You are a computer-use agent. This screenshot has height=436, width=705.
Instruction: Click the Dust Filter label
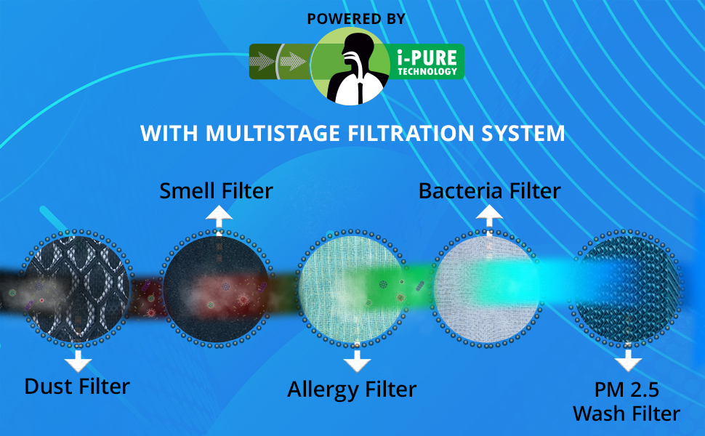(77, 387)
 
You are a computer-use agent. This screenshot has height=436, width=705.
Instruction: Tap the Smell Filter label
(217, 190)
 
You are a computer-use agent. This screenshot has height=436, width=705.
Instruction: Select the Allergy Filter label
(352, 389)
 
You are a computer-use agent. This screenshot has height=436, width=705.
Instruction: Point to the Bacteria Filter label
(490, 191)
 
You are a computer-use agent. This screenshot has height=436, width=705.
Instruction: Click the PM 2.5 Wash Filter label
(627, 401)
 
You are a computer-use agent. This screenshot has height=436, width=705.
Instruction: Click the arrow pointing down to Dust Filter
(78, 360)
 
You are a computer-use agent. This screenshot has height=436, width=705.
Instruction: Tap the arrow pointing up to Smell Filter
(219, 219)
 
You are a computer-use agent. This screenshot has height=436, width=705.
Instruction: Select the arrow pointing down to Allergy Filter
(357, 360)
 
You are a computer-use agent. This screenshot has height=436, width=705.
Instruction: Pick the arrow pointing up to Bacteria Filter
(489, 219)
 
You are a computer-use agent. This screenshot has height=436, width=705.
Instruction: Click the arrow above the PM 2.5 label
(628, 360)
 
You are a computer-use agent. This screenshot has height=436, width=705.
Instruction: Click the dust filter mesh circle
(77, 288)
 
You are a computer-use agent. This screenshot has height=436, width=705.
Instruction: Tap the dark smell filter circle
(218, 288)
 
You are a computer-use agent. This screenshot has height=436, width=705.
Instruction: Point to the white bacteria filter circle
(488, 288)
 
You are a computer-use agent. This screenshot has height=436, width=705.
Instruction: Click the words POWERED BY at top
(356, 19)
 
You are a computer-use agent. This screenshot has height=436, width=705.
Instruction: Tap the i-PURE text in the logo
(427, 57)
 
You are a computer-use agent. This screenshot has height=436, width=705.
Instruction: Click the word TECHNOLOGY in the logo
(427, 71)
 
